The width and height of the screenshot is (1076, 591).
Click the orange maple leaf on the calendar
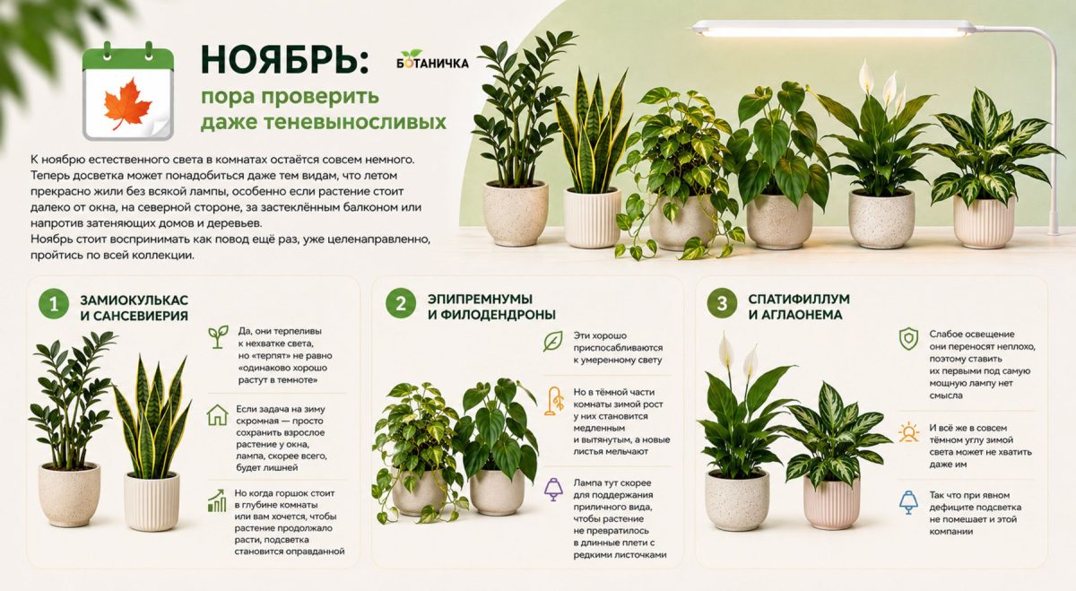(x=127, y=104)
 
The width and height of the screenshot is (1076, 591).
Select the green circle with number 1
(x=54, y=304)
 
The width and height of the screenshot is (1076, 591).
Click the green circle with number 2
(x=401, y=303)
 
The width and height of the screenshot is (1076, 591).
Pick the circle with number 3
(x=722, y=303)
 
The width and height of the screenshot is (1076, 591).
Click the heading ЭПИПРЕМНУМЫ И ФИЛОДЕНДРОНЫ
(x=491, y=307)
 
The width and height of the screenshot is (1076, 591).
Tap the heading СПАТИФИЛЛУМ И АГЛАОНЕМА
(x=799, y=307)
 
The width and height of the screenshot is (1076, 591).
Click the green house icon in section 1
(x=217, y=414)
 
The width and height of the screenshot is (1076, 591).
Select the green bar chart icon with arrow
(x=217, y=500)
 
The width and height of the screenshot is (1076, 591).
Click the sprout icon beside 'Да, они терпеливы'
(x=218, y=337)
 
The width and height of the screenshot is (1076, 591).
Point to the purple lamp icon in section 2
(x=553, y=490)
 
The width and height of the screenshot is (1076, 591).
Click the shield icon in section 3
(x=908, y=339)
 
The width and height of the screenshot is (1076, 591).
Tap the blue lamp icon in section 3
(x=908, y=502)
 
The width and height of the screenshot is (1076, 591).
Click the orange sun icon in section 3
(x=908, y=432)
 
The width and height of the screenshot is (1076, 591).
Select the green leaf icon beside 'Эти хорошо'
(x=553, y=341)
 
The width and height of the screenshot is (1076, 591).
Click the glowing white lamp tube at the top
(x=832, y=30)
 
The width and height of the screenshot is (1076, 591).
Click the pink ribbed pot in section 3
(x=831, y=502)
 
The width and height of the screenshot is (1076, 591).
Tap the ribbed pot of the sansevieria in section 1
(x=152, y=501)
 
